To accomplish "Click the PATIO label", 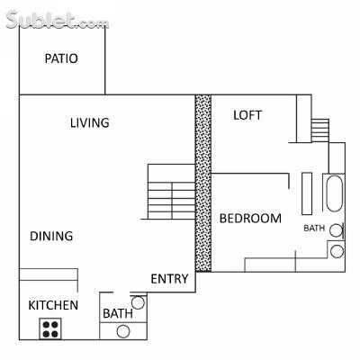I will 61,59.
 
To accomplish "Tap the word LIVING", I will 90,122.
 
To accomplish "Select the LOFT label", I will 247,115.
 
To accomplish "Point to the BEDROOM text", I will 250,218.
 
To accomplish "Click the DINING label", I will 51,237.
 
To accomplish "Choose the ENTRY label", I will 169,279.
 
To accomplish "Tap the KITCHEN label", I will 53,305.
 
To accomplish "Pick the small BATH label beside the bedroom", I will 314,229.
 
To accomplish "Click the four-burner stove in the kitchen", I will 50,328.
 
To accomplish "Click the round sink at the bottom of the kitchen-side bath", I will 123,331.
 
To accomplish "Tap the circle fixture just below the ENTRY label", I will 138,302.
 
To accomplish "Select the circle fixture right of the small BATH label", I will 336,229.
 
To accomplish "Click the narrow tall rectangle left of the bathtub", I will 307,192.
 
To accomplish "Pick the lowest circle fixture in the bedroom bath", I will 337,251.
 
